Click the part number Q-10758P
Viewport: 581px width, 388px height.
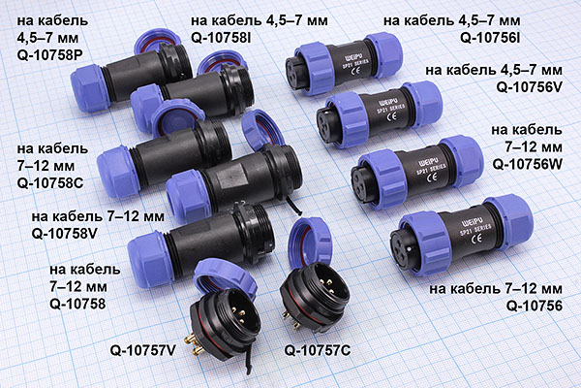(x=49, y=55)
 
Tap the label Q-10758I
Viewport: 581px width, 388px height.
(x=221, y=38)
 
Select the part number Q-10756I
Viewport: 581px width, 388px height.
(x=490, y=38)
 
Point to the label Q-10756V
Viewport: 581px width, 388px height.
(x=529, y=87)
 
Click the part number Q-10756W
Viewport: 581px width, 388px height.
(x=528, y=165)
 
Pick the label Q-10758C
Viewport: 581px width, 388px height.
(x=50, y=183)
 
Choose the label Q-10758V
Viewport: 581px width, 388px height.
(x=65, y=234)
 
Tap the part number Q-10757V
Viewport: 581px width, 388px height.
(x=142, y=350)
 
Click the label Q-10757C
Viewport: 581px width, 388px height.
(x=318, y=350)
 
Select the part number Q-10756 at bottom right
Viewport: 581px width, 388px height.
(x=534, y=306)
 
